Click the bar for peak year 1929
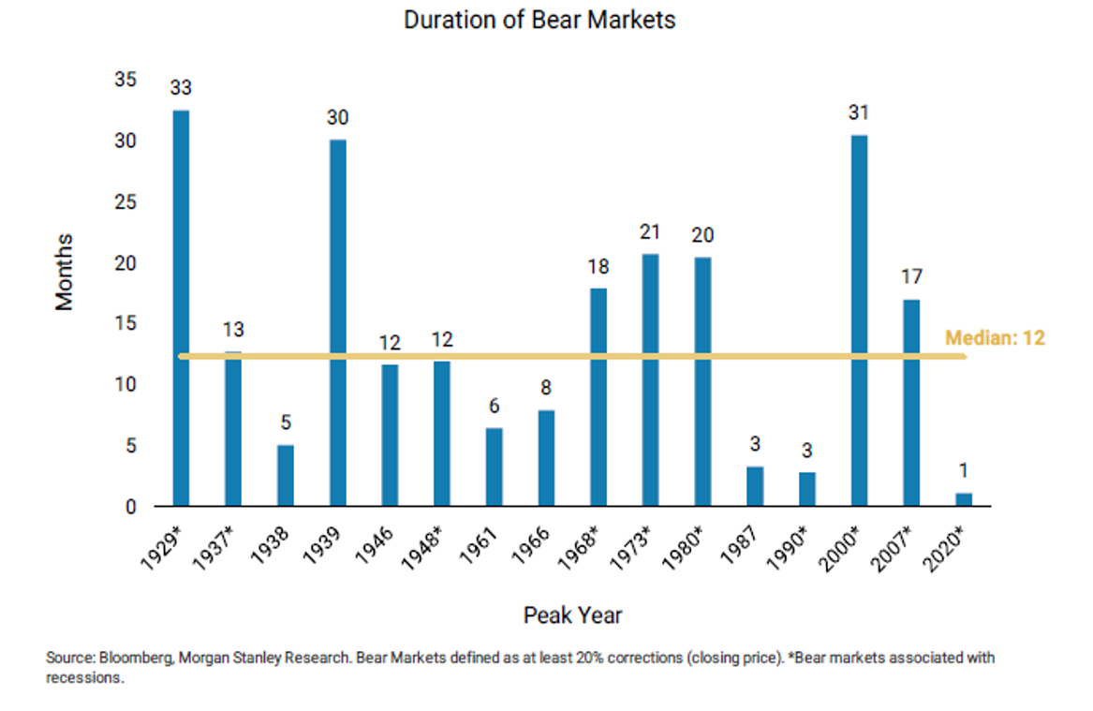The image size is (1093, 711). pos(181,308)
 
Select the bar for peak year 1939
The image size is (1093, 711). pos(337,323)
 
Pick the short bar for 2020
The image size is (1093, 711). pos(964,499)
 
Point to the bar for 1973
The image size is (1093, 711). pos(650,379)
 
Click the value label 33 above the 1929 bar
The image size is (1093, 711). pos(181,88)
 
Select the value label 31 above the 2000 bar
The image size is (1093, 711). pos(859,113)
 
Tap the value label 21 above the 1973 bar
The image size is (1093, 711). pos(650,232)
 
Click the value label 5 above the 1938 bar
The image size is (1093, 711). pos(285,423)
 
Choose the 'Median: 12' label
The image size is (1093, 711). pos(994,338)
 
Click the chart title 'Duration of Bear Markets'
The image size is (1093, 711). pos(539,20)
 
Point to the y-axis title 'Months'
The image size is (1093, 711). pos(64,272)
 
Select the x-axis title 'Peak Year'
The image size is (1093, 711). pos(572,615)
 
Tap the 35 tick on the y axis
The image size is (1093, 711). pos(125,81)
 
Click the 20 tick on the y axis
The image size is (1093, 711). pos(125,263)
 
